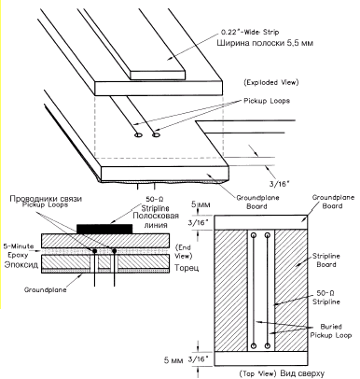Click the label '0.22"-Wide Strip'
[x=250, y=32]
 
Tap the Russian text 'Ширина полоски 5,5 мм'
[x=265, y=43]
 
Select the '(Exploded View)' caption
[x=271, y=82]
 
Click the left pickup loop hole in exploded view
[x=138, y=135]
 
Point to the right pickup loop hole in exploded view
[x=156, y=134]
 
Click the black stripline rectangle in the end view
[x=104, y=229]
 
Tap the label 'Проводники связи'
[x=46, y=199]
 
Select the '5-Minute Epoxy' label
[x=19, y=250]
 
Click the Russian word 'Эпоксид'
[x=21, y=265]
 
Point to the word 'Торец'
[x=187, y=268]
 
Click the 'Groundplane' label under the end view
[x=46, y=290]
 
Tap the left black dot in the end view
[x=94, y=251]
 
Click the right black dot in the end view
[x=115, y=251]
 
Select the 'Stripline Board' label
[x=326, y=260]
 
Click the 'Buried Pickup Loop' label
[x=331, y=330]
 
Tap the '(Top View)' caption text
[x=257, y=373]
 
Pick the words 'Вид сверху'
[x=302, y=373]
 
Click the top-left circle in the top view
[x=254, y=235]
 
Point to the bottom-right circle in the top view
[x=268, y=345]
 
